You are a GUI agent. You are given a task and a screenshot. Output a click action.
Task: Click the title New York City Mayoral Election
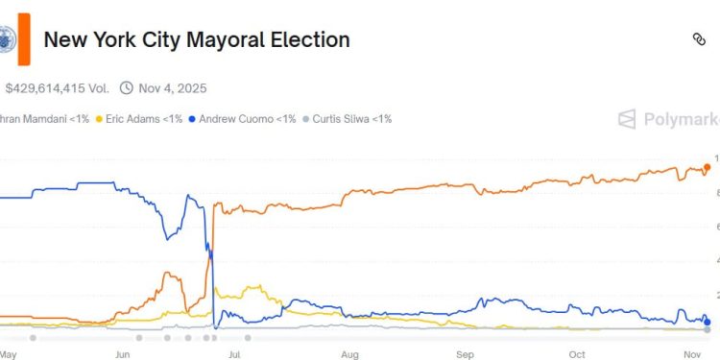[x=197, y=39]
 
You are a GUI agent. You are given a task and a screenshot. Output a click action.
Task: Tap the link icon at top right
[x=699, y=39]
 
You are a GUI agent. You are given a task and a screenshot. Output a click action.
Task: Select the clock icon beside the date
[x=128, y=88]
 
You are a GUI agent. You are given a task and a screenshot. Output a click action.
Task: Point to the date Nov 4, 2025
[x=173, y=88]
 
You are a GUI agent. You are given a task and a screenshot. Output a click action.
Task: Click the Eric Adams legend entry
[x=138, y=119]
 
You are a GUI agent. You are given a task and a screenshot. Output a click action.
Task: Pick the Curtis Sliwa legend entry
[x=347, y=119]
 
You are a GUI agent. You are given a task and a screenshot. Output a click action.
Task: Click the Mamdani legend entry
[x=43, y=119]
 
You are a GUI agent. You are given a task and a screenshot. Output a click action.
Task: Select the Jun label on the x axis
[x=123, y=353]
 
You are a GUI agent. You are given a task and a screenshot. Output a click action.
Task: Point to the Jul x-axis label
[x=234, y=353]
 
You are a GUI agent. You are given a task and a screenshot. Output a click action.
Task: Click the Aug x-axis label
[x=348, y=353]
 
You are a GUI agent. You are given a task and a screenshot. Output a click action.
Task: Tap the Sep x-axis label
[x=465, y=353]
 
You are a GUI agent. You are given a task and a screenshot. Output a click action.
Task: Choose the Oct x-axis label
[x=577, y=353]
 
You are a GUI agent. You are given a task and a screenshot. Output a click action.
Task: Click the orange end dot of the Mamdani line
[x=708, y=167]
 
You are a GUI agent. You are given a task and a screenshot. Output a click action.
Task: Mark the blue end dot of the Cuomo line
[x=708, y=322]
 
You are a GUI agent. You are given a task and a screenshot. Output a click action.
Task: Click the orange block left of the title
[x=23, y=39]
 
